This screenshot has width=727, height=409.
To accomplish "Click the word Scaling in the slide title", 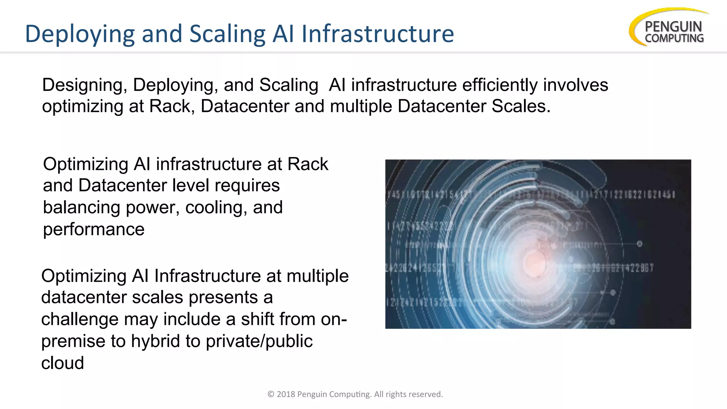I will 227,34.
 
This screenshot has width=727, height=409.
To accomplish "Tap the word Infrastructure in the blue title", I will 378,34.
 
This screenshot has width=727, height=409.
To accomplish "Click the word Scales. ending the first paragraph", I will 521,106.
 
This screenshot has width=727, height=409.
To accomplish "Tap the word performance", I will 94,229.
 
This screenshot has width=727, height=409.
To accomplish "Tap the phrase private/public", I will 259,341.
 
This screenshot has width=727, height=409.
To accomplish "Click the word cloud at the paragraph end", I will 62,363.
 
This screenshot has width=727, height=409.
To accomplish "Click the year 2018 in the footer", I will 286,394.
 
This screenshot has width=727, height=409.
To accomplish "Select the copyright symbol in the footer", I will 271,394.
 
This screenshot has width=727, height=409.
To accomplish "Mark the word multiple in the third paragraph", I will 318,276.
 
